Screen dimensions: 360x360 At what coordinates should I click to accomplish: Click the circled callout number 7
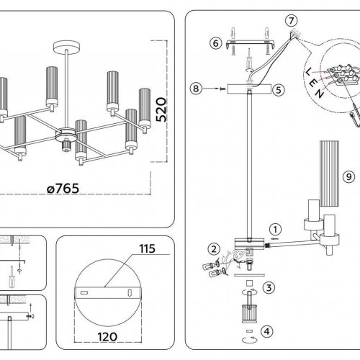point(292,21)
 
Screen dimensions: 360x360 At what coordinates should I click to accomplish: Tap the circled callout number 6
point(215,43)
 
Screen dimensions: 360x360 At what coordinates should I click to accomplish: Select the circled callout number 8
point(196,89)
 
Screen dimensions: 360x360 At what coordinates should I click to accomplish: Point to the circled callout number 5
point(279,90)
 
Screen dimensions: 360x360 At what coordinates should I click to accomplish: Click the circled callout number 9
point(348,177)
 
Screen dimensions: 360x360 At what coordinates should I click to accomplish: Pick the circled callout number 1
point(275,230)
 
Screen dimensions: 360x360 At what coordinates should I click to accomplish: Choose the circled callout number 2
point(214,249)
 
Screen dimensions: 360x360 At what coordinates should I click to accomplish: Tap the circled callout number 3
point(269,287)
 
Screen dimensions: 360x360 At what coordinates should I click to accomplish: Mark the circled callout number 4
point(267,332)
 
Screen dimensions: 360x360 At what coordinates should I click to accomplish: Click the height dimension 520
point(161,109)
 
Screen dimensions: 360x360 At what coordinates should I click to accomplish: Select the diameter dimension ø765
point(63,189)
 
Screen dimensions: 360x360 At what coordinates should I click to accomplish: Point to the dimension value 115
point(148,248)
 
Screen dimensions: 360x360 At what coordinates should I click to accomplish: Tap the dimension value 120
point(107,337)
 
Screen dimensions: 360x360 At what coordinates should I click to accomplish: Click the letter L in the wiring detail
point(309,71)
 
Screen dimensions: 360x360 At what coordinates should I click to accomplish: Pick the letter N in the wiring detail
point(319,93)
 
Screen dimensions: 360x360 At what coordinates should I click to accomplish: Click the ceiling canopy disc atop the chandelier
point(66,47)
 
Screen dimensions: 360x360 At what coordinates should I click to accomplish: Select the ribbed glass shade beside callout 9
point(329,174)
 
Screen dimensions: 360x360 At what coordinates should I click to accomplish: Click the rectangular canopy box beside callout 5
point(249,89)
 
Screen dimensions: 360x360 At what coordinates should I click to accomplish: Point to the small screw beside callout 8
point(223,89)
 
